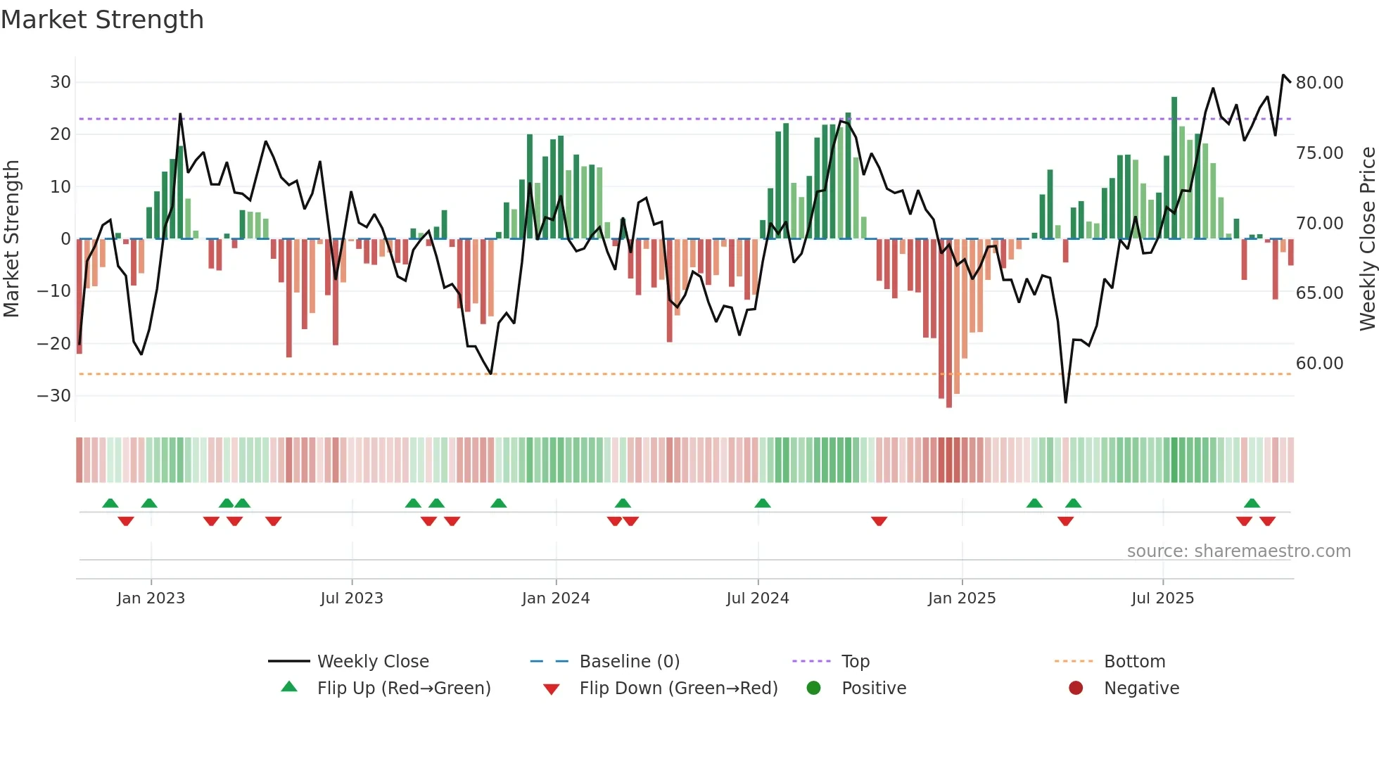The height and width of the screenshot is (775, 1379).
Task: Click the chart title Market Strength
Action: tap(102, 20)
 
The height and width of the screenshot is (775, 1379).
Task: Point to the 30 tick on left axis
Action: tap(61, 82)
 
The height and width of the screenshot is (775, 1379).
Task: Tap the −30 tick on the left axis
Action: tap(54, 396)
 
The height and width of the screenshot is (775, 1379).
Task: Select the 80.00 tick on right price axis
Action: tap(1319, 83)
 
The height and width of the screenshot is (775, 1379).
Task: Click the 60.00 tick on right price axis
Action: tap(1319, 364)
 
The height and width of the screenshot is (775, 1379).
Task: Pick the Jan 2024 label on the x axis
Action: tap(555, 598)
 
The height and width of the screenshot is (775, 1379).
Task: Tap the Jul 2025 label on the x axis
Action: tap(1162, 598)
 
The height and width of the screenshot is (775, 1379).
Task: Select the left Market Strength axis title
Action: tap(11, 239)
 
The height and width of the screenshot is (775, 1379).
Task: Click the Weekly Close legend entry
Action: tap(372, 662)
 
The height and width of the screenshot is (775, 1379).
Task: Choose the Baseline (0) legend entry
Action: tap(629, 662)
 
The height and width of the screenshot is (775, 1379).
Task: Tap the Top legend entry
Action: tap(855, 662)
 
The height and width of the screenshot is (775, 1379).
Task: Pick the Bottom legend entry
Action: tap(1134, 662)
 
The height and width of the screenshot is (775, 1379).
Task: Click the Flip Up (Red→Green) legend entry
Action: tap(403, 688)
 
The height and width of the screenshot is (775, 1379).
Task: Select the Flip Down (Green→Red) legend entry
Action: tap(678, 688)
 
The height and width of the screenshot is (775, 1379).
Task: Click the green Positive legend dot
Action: tap(814, 688)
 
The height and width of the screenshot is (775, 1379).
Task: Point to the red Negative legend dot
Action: tap(1076, 688)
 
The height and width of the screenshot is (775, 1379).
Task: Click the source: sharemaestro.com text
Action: tap(1238, 551)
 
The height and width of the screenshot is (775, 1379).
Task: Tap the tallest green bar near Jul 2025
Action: tap(1174, 169)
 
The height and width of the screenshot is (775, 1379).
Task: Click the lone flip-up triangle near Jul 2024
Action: tap(763, 504)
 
